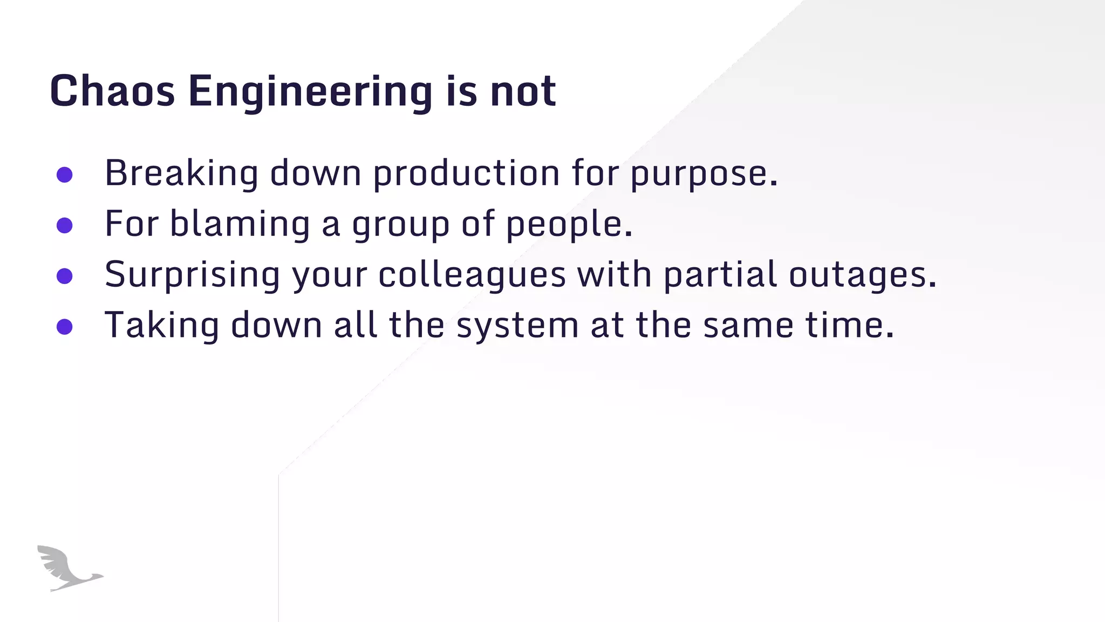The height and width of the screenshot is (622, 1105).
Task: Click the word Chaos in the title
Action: click(x=112, y=91)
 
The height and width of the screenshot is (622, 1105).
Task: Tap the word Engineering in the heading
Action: click(x=310, y=92)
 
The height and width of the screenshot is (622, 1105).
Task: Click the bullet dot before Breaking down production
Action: click(x=65, y=174)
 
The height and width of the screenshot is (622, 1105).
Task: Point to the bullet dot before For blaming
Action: click(x=65, y=225)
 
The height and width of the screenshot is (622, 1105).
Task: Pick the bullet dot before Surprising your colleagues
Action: click(x=65, y=276)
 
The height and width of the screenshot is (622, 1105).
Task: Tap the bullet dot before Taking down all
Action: click(x=65, y=327)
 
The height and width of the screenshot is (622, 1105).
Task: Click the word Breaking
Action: click(x=181, y=174)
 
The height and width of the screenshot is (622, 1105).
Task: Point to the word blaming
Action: click(x=240, y=225)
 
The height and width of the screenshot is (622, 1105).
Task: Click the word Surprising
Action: click(x=192, y=275)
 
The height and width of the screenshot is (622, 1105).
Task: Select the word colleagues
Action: click(x=472, y=275)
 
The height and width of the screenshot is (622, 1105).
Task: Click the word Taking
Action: click(x=162, y=326)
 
